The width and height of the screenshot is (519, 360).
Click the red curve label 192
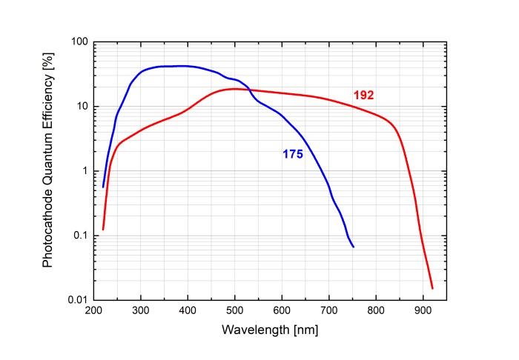coord(363,95)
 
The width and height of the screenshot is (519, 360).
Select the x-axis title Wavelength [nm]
coord(270,330)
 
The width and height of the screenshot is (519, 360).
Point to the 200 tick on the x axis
coord(93,310)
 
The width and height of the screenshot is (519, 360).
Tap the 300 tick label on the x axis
coord(141,310)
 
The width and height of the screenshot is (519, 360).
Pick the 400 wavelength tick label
coord(188,310)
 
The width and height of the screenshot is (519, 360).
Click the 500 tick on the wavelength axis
coord(235,310)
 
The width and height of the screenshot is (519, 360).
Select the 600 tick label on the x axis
coord(282,310)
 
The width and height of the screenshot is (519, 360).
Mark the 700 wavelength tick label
coord(329,310)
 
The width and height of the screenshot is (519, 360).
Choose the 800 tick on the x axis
coord(376,310)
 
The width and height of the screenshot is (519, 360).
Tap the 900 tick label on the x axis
coord(423,310)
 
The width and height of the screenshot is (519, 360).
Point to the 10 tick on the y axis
coord(81,107)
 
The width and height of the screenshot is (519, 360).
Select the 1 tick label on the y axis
coord(84,171)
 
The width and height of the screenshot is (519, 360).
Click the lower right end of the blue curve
coord(353,247)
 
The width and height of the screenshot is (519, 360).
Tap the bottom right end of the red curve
coord(432,288)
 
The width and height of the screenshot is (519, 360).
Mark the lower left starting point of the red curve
coord(103,230)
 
